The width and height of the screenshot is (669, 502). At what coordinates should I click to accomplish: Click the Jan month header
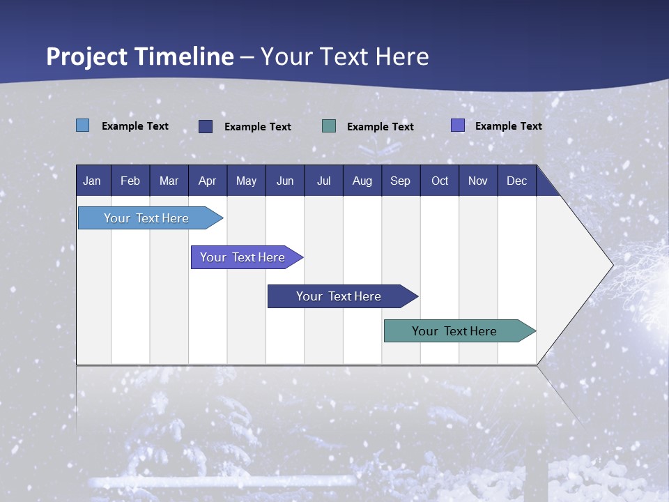92,181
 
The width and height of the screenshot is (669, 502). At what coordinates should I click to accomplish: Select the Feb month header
130,181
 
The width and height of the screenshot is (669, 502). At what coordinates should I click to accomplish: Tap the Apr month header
207,181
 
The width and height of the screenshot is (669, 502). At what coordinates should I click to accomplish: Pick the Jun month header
285,181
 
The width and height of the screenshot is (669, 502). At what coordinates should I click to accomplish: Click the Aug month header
362,181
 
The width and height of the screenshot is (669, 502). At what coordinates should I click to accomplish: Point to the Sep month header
400,181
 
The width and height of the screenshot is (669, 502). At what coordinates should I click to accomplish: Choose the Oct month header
440,181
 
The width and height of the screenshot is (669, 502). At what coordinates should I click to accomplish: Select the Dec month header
516,181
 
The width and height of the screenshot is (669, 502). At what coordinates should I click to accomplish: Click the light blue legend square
83,125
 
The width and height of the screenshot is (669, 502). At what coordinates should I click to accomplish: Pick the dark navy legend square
206,126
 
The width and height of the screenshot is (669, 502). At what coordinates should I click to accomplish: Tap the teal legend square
329,126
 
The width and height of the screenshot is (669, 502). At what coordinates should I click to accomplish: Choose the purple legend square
458,125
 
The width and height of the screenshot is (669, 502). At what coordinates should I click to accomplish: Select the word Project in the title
86,56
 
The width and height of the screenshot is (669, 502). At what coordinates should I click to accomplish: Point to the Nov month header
478,181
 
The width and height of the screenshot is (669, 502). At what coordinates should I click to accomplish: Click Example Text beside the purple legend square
508,126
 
